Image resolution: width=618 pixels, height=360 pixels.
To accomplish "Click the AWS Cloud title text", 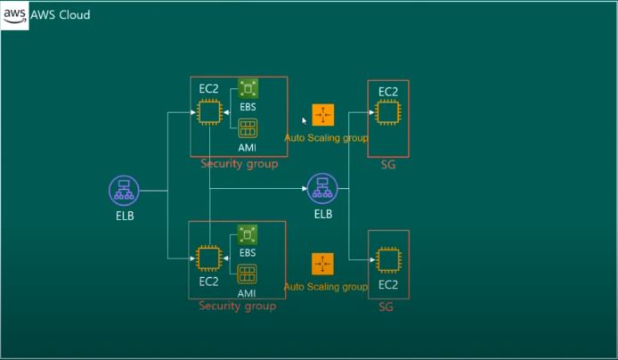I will [x=61, y=15].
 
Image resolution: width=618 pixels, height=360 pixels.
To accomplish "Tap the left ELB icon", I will [x=123, y=190].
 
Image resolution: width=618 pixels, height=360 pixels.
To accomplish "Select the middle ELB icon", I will [x=321, y=188].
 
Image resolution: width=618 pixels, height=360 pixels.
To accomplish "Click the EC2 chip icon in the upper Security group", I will [x=209, y=112].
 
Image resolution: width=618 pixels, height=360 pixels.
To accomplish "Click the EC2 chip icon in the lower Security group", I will [x=208, y=258].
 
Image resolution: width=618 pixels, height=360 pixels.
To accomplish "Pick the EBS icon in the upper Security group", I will [x=248, y=88].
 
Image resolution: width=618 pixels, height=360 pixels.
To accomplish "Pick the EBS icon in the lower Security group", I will [x=248, y=234].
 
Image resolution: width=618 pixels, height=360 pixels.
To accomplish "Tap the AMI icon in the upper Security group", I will [x=248, y=128].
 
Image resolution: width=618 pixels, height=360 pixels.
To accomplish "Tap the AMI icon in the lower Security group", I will [x=248, y=274].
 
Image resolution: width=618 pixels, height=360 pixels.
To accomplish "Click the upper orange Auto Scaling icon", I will [x=322, y=115].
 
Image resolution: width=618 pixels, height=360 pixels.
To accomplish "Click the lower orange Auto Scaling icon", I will [x=322, y=264].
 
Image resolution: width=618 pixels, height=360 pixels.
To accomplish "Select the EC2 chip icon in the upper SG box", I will [x=387, y=112].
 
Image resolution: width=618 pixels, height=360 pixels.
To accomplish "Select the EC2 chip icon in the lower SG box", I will [x=387, y=260].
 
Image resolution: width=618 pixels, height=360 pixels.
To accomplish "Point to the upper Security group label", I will [x=239, y=164].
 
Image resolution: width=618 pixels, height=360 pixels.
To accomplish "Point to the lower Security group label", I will [x=237, y=307].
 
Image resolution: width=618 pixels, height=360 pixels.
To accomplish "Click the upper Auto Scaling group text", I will [x=326, y=138].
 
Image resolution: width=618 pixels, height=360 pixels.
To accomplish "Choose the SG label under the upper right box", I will [x=386, y=165].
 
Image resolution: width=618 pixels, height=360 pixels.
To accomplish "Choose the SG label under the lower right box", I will [x=386, y=307].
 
